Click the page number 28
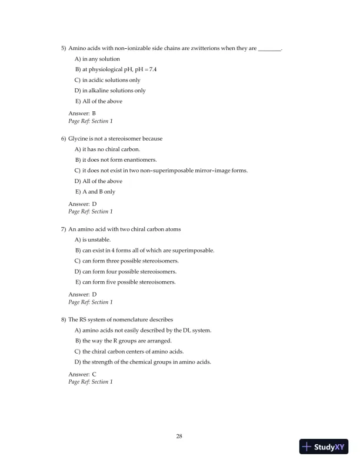tap(179, 436)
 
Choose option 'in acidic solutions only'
tap(107, 80)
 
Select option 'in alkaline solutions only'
tap(110, 91)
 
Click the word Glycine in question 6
tap(79, 138)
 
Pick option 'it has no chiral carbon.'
tap(106, 149)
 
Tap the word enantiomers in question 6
tap(143, 159)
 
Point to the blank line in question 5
tap(270, 49)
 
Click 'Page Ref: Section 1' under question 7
tap(91, 302)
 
